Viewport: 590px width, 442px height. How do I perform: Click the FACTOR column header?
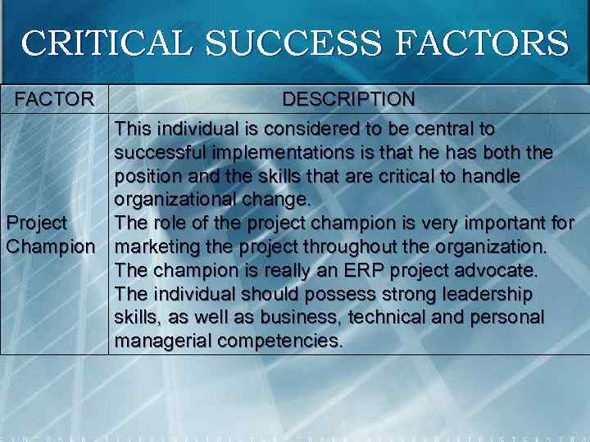click(x=55, y=100)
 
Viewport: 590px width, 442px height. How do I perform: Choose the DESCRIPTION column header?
click(x=348, y=100)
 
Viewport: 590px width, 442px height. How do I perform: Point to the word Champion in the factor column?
click(x=50, y=246)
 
